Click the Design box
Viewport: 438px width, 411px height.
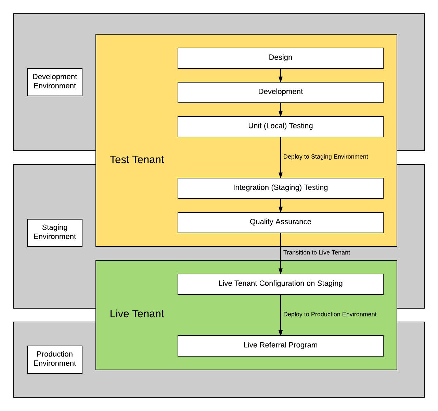[x=280, y=58]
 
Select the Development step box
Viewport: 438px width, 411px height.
[x=280, y=92]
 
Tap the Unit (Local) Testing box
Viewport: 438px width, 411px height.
[x=280, y=126]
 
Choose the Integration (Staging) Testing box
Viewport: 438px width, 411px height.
[x=280, y=188]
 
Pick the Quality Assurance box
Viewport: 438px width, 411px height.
[x=280, y=222]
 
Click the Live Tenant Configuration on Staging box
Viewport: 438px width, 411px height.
[x=280, y=284]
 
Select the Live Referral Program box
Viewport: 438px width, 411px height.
[x=280, y=346]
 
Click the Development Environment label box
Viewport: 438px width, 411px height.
[x=55, y=82]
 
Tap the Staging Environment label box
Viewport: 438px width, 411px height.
[x=55, y=233]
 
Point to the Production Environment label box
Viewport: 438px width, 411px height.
[x=55, y=359]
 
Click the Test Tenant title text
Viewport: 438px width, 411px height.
[x=137, y=160]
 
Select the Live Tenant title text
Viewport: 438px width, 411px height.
[x=137, y=314]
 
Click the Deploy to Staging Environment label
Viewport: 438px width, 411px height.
[x=325, y=157]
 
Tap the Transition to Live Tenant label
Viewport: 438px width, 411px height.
[x=317, y=252]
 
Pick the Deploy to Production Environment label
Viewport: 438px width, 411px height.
[x=330, y=314]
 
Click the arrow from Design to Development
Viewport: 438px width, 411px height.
[x=281, y=75]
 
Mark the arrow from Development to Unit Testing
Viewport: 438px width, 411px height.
[x=281, y=110]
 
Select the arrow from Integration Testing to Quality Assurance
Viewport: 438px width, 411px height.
[x=281, y=206]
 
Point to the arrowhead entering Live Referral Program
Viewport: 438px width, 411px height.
[x=281, y=333]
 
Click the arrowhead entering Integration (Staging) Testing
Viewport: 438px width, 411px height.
[x=281, y=175]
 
